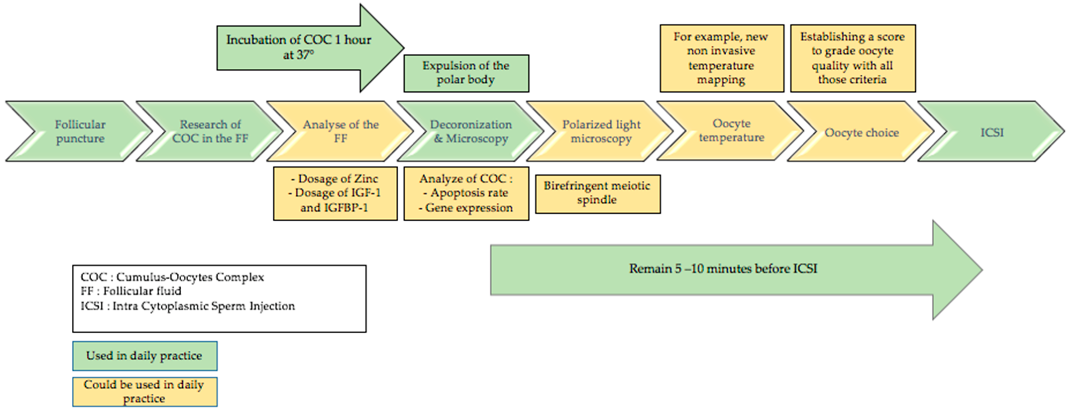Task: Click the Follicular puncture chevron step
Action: pos(80,131)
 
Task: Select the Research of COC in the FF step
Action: pos(210,131)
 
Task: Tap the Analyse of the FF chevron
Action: pos(340,131)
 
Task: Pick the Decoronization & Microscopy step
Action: pos(471,131)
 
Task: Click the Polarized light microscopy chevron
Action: pos(601,131)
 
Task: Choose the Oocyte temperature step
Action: pos(731,130)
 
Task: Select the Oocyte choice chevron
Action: pos(861,132)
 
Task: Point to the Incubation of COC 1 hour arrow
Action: pos(298,47)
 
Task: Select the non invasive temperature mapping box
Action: pos(721,58)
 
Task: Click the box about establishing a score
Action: pos(852,58)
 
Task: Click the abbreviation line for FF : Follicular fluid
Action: pos(131,291)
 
